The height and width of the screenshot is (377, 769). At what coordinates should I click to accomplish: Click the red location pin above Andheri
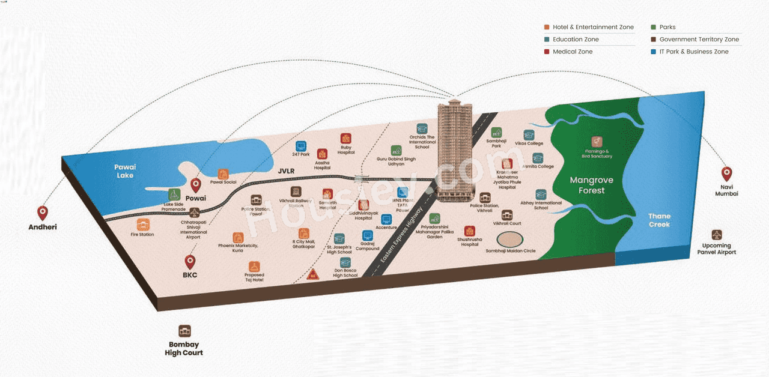point(43,213)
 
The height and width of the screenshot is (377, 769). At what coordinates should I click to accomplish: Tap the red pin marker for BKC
point(190,261)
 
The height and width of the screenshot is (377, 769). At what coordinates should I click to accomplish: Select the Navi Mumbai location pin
point(726,173)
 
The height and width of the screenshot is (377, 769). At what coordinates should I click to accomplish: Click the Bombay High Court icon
point(184,331)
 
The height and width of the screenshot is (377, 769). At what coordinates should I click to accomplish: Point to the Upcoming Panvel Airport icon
point(716,235)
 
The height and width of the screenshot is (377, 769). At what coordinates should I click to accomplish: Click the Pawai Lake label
point(126,171)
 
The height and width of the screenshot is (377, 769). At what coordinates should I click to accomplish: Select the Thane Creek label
point(659,220)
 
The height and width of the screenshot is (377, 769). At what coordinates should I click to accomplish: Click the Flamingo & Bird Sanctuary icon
point(597,142)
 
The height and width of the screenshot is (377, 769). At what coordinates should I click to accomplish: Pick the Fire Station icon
point(142,225)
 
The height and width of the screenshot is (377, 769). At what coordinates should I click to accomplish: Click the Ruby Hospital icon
point(345,139)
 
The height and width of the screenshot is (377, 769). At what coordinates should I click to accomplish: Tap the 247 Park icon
point(301,145)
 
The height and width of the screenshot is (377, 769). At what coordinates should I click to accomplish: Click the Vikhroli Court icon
point(507,215)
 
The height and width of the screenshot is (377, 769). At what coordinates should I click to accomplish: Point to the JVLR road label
point(287,170)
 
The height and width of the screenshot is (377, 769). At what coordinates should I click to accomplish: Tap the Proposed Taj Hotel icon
point(254,266)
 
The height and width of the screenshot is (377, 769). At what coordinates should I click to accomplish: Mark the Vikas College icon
point(529,135)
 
